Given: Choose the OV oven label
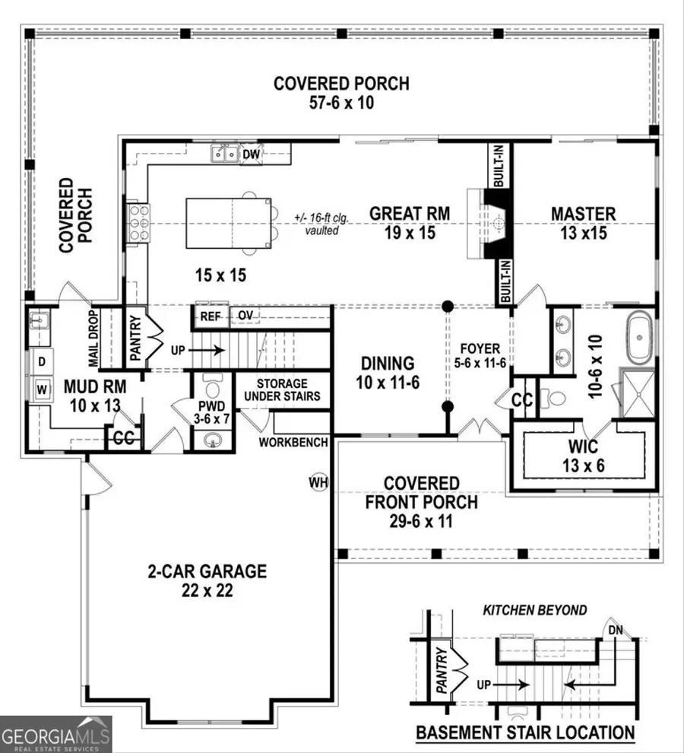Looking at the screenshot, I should pyautogui.click(x=245, y=316).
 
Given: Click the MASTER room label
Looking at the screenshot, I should pyautogui.click(x=584, y=214).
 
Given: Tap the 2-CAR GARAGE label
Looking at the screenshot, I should pyautogui.click(x=207, y=571).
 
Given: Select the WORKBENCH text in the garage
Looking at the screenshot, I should pyautogui.click(x=293, y=442).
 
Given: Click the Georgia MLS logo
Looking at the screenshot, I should pyautogui.click(x=55, y=734).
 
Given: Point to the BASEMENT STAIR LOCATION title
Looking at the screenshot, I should pyautogui.click(x=525, y=733).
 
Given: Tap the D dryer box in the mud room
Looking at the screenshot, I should pyautogui.click(x=43, y=360).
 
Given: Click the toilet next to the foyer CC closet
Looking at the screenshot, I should pyautogui.click(x=554, y=398).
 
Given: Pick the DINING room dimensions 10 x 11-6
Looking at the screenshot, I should pyautogui.click(x=388, y=383).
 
